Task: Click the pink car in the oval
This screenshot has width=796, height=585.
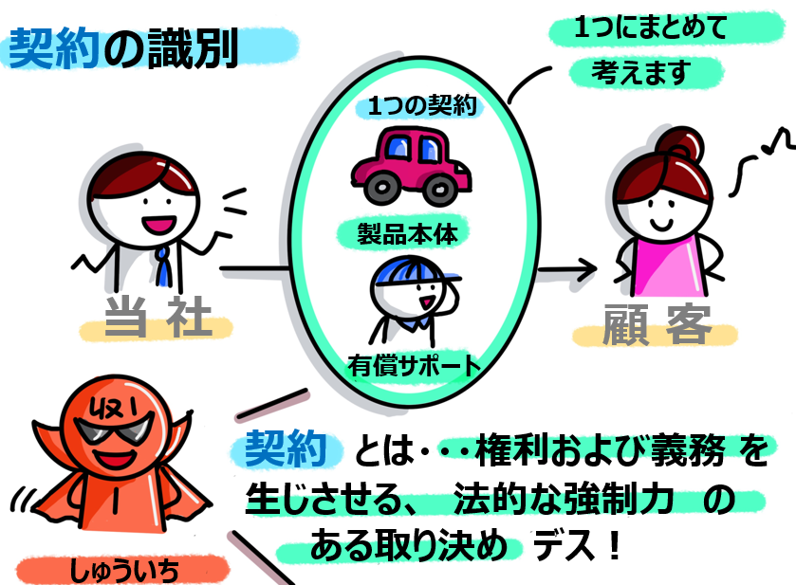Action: (409, 163)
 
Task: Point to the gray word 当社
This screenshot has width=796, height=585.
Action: (157, 321)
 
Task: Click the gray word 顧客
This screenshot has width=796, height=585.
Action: (657, 325)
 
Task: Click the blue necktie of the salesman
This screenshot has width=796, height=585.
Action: (165, 265)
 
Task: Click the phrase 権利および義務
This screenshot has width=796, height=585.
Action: (587, 451)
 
